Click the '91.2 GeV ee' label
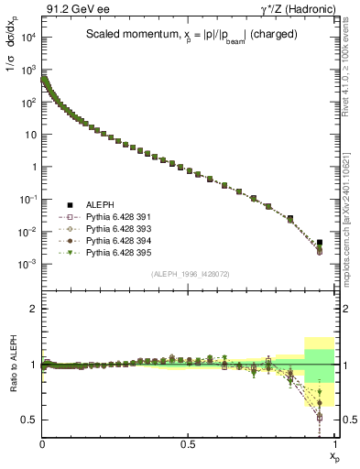tap(70, 11)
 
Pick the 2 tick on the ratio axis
tap(34, 310)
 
